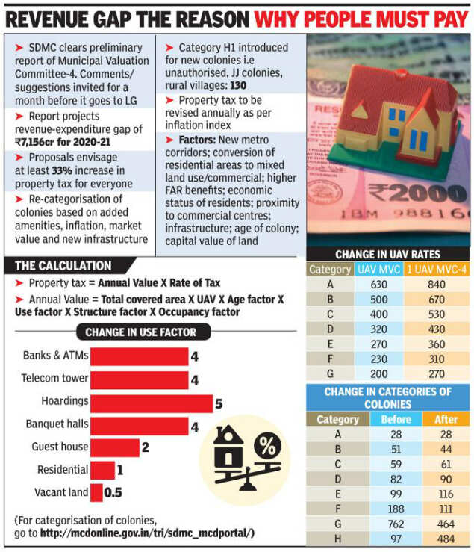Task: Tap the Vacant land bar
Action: point(96,492)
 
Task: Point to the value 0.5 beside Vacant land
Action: point(113,492)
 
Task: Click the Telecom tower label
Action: point(54,379)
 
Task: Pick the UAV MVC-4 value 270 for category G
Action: point(435,373)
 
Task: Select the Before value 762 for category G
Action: point(396,522)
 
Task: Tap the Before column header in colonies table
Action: point(396,419)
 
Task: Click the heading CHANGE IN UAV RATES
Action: point(388,255)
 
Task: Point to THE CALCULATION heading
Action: point(63,266)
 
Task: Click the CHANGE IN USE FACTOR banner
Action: point(141,332)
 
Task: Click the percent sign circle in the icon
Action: point(266,447)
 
